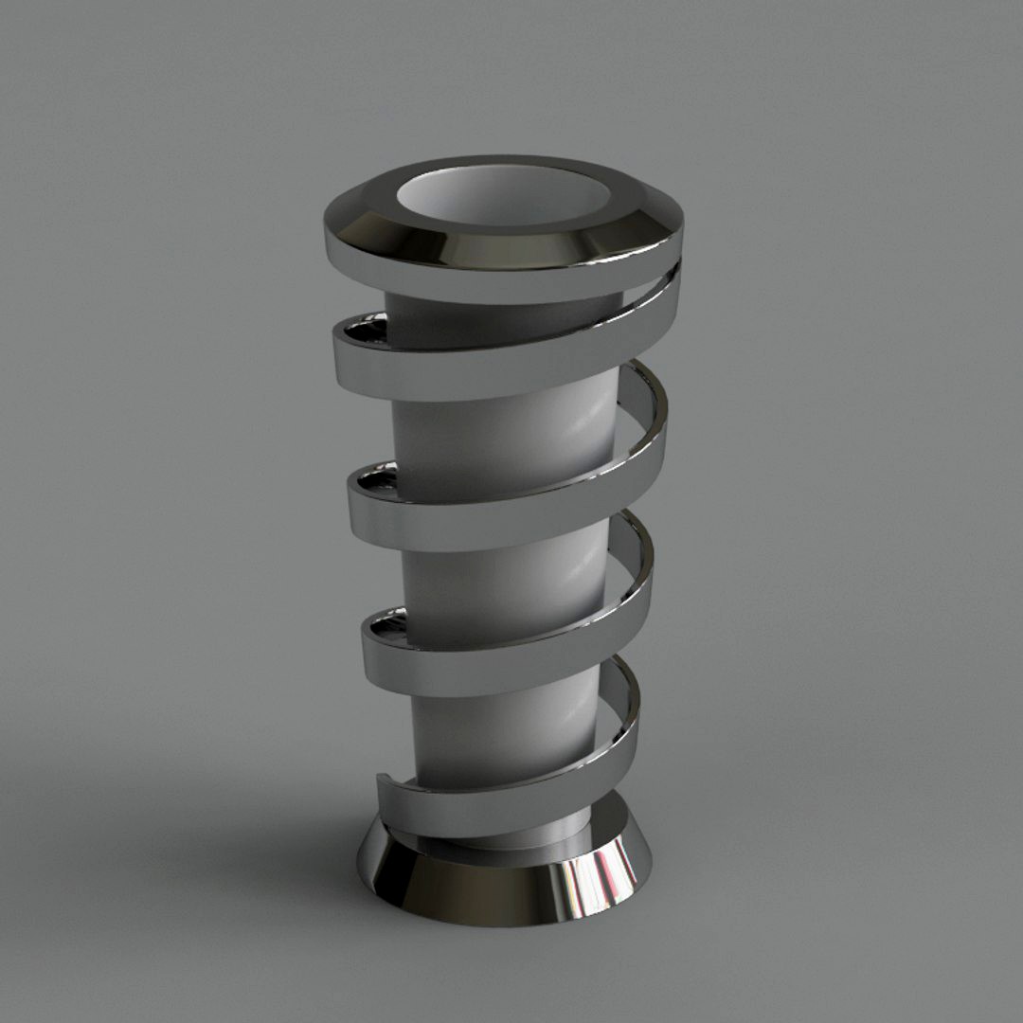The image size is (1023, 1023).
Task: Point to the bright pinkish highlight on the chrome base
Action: (592, 881)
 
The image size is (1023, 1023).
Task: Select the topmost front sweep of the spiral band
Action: (474, 365)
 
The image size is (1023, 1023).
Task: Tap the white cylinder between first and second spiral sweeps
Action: (502, 436)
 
